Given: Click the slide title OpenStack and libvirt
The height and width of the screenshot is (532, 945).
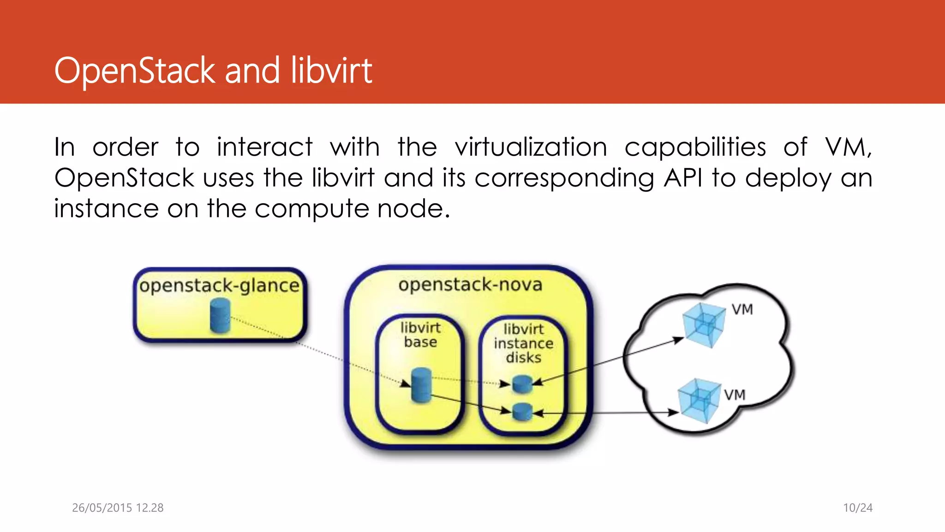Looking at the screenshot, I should pyautogui.click(x=213, y=71).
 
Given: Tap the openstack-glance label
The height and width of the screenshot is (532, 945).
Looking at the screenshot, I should pyautogui.click(x=220, y=285).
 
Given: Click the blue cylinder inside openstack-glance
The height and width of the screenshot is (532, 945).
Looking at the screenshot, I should pyautogui.click(x=220, y=315).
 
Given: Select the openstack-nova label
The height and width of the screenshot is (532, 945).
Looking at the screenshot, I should pyautogui.click(x=470, y=284).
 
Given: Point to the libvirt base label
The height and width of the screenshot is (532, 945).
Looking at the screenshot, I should pyautogui.click(x=420, y=335).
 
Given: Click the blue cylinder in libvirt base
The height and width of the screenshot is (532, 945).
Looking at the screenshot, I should pyautogui.click(x=421, y=385).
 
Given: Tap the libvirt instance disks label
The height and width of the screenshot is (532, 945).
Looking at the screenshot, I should pyautogui.click(x=523, y=343).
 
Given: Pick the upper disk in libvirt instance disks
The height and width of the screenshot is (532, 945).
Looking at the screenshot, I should pyautogui.click(x=523, y=384).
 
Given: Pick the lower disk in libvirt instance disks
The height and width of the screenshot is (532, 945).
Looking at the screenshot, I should pyautogui.click(x=523, y=411).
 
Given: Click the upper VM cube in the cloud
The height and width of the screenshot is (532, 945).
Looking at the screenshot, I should pyautogui.click(x=703, y=324).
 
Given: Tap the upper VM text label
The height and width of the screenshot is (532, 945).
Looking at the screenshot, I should pyautogui.click(x=742, y=309).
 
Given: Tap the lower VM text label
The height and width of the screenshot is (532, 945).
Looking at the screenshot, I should pyautogui.click(x=735, y=395).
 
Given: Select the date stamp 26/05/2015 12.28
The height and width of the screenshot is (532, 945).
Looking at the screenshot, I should pyautogui.click(x=118, y=508).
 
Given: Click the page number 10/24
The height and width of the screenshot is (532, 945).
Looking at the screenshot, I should pyautogui.click(x=858, y=508).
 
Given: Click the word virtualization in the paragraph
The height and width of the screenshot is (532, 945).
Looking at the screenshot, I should pyautogui.click(x=531, y=147).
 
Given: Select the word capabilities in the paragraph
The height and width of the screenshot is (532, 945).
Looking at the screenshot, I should pyautogui.click(x=695, y=147).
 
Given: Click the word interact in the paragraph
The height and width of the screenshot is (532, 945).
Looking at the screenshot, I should pyautogui.click(x=265, y=147).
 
